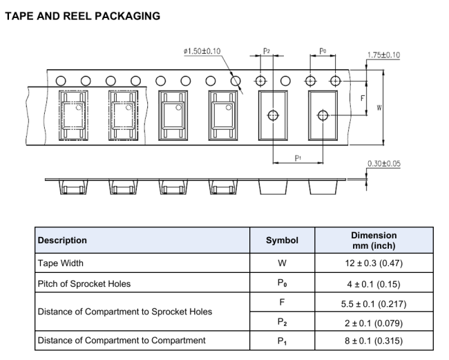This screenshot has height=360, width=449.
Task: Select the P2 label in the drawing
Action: click(267, 51)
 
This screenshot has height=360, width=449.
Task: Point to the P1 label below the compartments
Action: click(298, 158)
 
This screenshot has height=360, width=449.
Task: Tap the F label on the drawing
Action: click(363, 99)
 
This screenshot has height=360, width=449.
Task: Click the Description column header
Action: click(62, 240)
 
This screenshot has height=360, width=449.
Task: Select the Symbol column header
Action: click(282, 240)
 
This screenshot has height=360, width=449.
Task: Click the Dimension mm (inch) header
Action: click(374, 240)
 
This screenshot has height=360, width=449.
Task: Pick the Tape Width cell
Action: click(60, 263)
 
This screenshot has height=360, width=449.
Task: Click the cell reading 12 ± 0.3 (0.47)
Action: click(374, 263)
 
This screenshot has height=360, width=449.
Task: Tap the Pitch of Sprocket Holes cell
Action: click(84, 284)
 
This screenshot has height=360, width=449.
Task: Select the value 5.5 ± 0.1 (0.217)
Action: click(374, 303)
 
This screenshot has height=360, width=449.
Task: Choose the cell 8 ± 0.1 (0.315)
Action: click(374, 340)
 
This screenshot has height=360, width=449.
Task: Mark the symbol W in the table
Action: click(282, 263)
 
